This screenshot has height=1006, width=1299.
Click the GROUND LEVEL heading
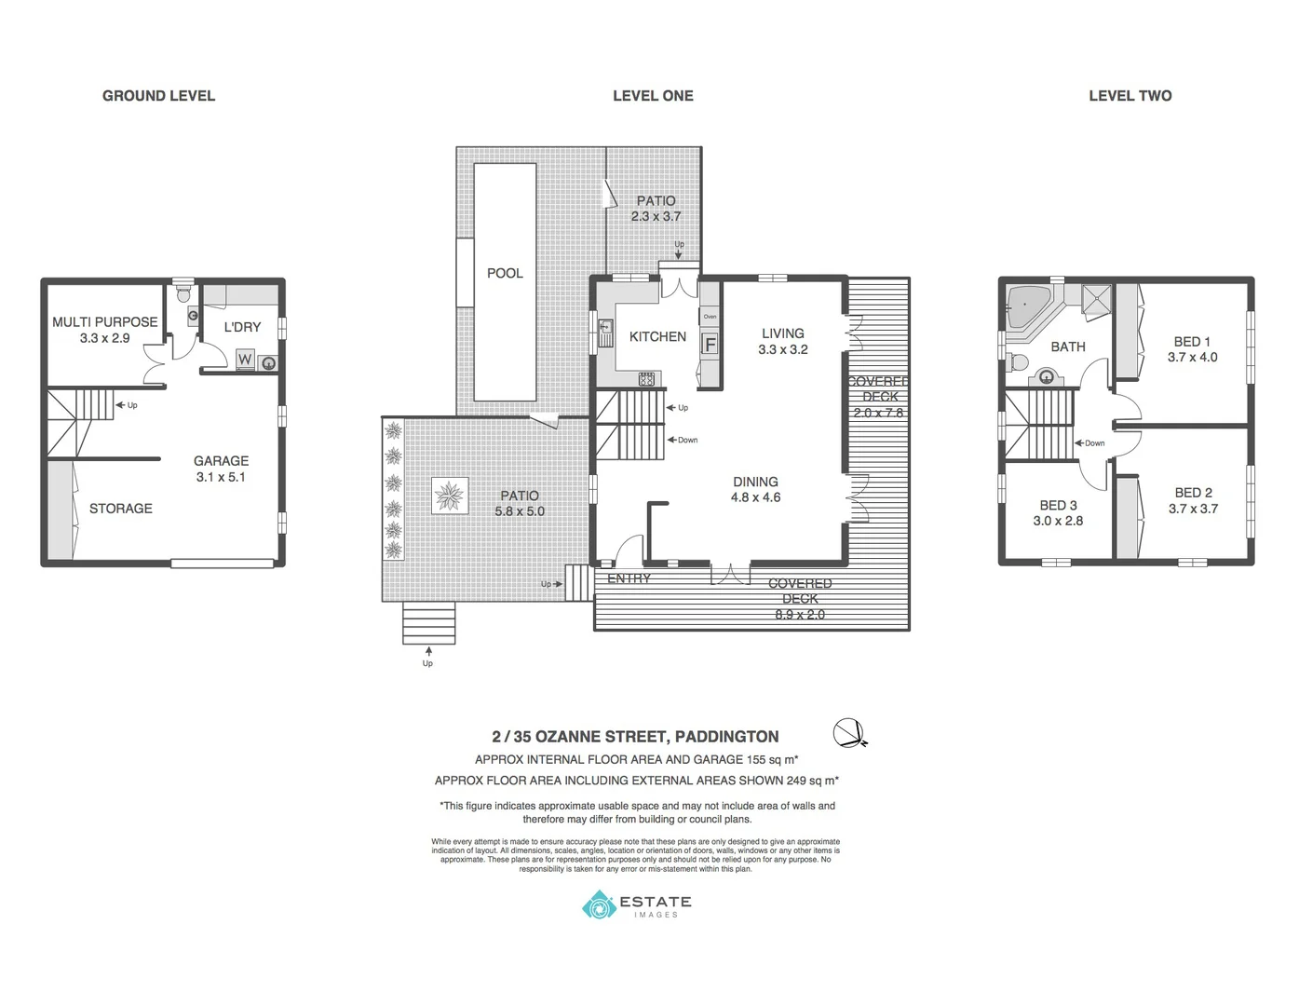point(158,96)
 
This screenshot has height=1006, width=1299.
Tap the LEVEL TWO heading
point(1130,96)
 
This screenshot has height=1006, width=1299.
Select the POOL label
point(505,273)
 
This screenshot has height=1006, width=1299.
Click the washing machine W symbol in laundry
point(245,360)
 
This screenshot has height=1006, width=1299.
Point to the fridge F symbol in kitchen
point(710,345)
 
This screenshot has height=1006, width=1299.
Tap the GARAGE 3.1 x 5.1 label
point(221,469)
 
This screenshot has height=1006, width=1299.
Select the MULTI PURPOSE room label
point(104,322)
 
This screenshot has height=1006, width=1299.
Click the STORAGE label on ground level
point(120,509)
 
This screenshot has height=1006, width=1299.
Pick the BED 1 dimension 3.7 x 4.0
point(1192,358)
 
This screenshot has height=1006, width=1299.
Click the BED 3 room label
point(1058,506)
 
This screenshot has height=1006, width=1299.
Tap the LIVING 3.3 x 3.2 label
point(782,341)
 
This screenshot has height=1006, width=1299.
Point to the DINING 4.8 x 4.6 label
point(755,489)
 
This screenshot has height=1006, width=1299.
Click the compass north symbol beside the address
point(848,734)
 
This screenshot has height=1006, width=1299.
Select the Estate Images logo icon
point(599,904)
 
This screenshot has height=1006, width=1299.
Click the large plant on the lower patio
point(450,496)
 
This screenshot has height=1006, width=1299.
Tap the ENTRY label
point(629,578)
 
